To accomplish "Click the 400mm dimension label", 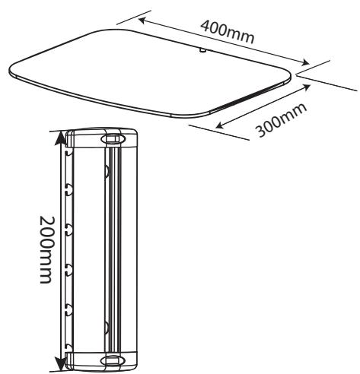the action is (227, 32).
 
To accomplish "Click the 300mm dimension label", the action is (281, 120).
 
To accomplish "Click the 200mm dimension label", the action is (47, 249).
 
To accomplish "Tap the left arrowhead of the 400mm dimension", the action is (142, 20).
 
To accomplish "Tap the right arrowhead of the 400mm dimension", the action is (305, 62).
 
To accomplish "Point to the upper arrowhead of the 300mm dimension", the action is (306, 87).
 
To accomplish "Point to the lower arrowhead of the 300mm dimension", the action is (219, 125).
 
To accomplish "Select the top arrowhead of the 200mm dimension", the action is (60, 138).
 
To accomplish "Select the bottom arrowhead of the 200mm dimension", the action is (60, 363).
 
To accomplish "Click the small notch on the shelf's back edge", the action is (202, 50).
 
